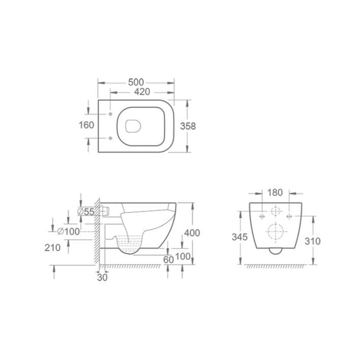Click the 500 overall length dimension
pos(136,82)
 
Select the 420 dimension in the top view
pos(142,92)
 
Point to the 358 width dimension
pos(188,126)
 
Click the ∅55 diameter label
pos(86,212)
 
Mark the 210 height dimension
pos(52,248)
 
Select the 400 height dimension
pos(192,233)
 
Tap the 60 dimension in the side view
pos(168,259)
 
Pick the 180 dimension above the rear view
pos(275,193)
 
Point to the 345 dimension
pos(239,237)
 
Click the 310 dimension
pos(312,241)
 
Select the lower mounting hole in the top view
pos(110,138)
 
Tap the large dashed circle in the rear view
pos(275,231)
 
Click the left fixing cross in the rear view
pos(262,216)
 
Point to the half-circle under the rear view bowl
pos(275,251)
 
